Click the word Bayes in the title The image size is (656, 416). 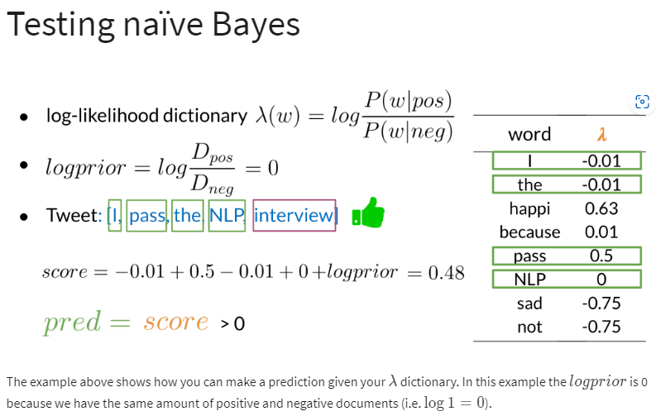256,25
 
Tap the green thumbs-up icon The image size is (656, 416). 368,213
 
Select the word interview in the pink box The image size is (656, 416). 294,215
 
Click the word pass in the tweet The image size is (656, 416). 147,216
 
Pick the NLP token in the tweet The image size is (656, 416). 227,215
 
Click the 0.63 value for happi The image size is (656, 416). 601,208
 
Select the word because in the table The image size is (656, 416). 529,232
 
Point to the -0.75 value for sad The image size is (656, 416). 601,304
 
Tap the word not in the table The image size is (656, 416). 529,327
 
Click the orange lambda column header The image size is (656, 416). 601,134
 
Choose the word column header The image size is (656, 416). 529,135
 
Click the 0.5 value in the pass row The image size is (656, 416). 601,256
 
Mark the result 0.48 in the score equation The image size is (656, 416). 446,273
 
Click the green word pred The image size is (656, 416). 72,322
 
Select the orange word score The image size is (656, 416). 176,322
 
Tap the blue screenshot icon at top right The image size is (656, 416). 642,102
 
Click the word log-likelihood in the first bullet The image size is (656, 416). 103,116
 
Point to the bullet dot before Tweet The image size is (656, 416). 24,217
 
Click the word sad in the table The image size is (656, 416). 529,304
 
